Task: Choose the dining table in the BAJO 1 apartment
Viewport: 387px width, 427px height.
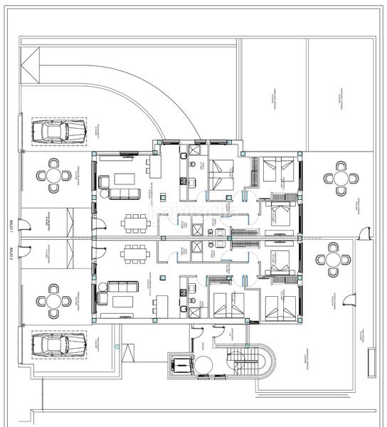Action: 133,223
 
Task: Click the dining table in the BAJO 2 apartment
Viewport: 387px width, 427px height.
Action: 133,254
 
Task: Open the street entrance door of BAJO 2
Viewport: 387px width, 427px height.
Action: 25,248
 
